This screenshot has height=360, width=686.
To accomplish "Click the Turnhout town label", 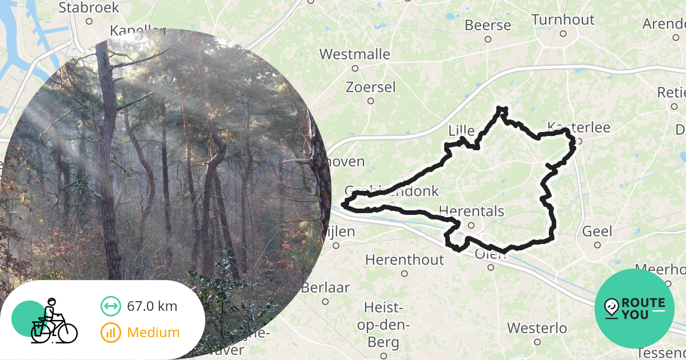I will (563, 20).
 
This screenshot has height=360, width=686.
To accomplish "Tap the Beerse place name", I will (488, 26).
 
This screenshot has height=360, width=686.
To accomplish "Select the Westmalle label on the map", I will (354, 55).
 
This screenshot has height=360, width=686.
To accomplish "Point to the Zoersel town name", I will (370, 87).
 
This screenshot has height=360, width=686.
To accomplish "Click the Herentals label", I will (472, 212).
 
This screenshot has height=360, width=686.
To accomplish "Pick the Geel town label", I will (597, 232).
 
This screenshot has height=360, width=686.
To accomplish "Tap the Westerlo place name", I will (537, 329).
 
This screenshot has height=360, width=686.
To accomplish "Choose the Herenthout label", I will (404, 260).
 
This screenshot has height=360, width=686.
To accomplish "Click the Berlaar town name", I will (325, 288).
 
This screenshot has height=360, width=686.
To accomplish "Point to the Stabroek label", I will (89, 8).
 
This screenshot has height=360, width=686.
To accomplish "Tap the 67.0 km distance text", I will (152, 306).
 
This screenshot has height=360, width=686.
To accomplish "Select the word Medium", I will (153, 333).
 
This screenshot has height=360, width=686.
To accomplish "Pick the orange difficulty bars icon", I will (110, 333).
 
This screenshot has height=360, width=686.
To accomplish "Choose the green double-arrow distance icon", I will (110, 306).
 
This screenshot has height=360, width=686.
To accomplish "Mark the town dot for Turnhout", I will (563, 34).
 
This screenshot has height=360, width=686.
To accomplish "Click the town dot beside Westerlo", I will (537, 342).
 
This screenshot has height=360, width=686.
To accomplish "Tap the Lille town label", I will (462, 131).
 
